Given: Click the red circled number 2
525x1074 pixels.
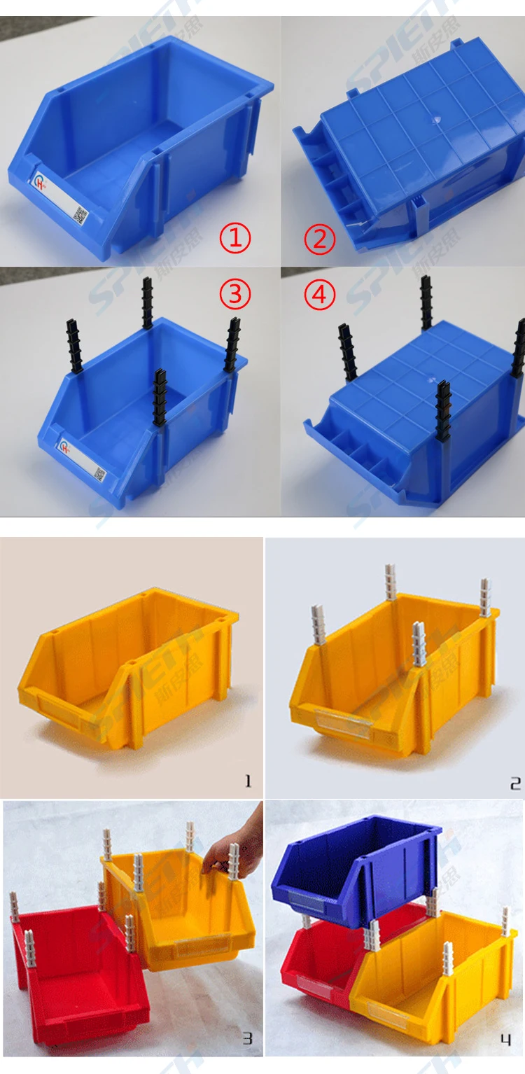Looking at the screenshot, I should (319, 239).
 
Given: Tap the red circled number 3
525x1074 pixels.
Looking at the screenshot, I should (235, 294).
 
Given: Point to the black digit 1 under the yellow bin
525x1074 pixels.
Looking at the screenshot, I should (248, 781).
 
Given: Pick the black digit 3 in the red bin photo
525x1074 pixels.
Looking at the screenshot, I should (247, 1038).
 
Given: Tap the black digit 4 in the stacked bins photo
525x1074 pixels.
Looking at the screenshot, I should (505, 1040).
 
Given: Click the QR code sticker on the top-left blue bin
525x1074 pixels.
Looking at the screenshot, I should (81, 215).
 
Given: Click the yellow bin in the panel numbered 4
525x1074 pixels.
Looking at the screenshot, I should (434, 980).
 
